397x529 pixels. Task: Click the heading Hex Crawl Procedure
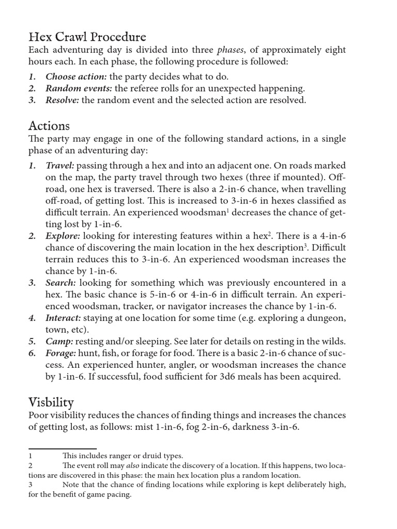coord(87,37)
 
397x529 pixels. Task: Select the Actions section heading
coord(49,126)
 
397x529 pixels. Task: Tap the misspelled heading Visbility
coord(51,402)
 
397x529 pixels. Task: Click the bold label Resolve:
coord(62,100)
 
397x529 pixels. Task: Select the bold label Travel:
coord(60,165)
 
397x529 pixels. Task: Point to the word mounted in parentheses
coord(309,177)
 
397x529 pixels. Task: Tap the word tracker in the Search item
coord(129,306)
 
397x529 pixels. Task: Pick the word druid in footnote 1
coord(148,456)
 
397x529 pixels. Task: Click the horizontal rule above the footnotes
coord(62,448)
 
